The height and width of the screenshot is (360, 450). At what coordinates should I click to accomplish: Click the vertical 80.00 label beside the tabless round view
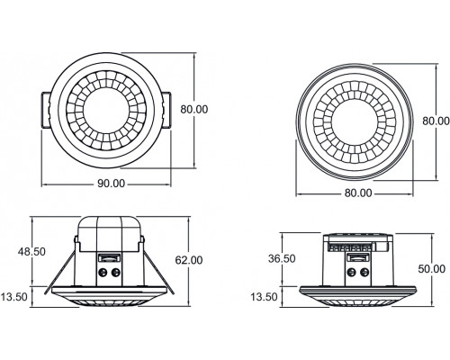pos(434,120)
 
